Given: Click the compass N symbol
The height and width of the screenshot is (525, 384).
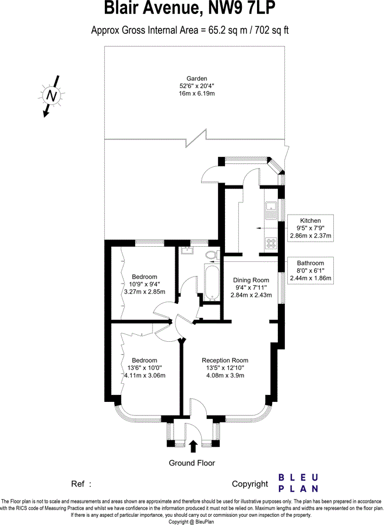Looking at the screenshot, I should pyautogui.click(x=52, y=94).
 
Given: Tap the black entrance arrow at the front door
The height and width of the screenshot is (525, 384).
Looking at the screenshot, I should pyautogui.click(x=193, y=446).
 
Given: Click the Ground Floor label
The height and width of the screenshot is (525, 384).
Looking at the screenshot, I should pyautogui.click(x=192, y=463).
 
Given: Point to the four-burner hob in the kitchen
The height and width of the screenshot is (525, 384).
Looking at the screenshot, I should pyautogui.click(x=272, y=243).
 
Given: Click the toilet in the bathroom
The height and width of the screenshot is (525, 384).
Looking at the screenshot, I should pyautogui.click(x=212, y=254).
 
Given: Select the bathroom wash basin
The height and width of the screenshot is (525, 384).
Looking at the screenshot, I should pyautogui.click(x=187, y=251).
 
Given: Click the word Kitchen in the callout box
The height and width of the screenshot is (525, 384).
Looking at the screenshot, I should pyautogui.click(x=311, y=220).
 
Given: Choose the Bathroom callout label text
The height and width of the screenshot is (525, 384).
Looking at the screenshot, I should pyautogui.click(x=311, y=262).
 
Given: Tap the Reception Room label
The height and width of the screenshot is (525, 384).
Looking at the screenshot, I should pyautogui.click(x=225, y=360).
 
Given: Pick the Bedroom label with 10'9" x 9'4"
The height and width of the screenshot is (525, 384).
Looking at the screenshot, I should pyautogui.click(x=144, y=276).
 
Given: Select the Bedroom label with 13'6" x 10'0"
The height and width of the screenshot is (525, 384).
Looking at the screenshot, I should pyautogui.click(x=144, y=360).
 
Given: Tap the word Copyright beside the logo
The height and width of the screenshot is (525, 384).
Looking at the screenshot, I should pyautogui.click(x=249, y=484).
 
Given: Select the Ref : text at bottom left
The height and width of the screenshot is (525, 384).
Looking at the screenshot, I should pyautogui.click(x=82, y=484).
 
